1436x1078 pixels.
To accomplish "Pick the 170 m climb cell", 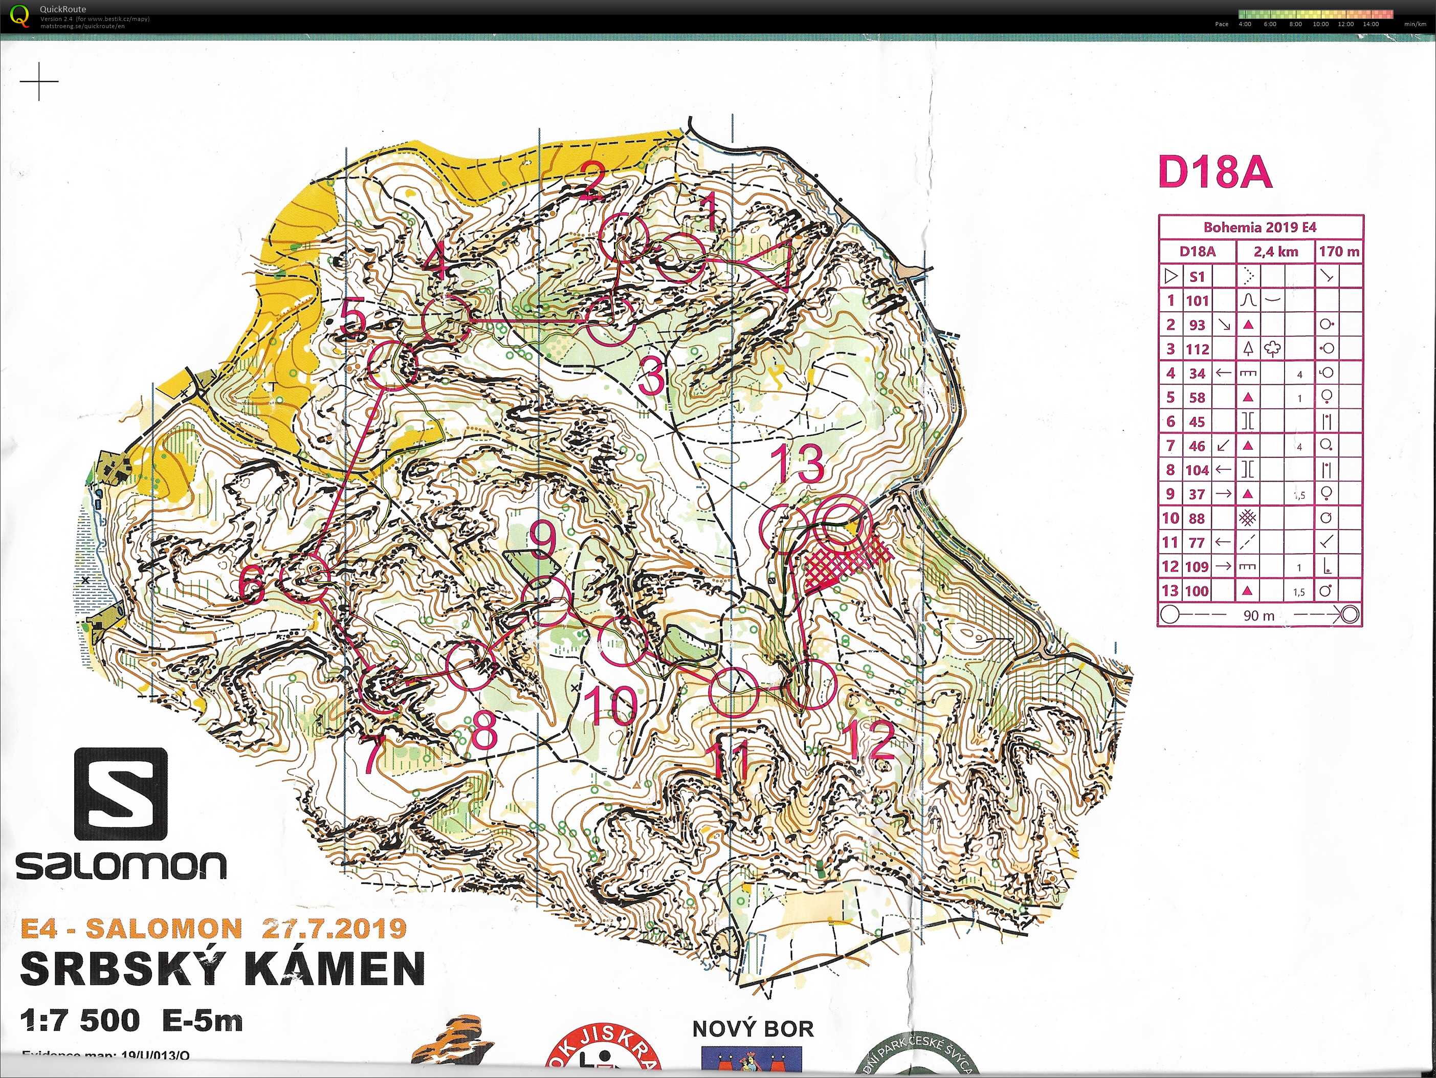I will click(1339, 252).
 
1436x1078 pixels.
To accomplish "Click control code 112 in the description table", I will click(1197, 349).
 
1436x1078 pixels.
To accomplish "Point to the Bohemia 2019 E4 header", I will click(1260, 227).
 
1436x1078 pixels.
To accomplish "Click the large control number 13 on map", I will click(797, 464).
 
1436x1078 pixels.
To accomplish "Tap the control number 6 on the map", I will click(252, 584).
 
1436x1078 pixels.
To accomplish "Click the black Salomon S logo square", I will click(121, 794).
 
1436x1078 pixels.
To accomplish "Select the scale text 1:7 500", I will click(79, 1021).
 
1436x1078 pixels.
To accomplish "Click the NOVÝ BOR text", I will click(753, 1029).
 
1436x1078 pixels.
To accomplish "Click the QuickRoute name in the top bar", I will click(62, 9).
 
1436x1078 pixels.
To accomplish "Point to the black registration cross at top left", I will click(39, 82).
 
